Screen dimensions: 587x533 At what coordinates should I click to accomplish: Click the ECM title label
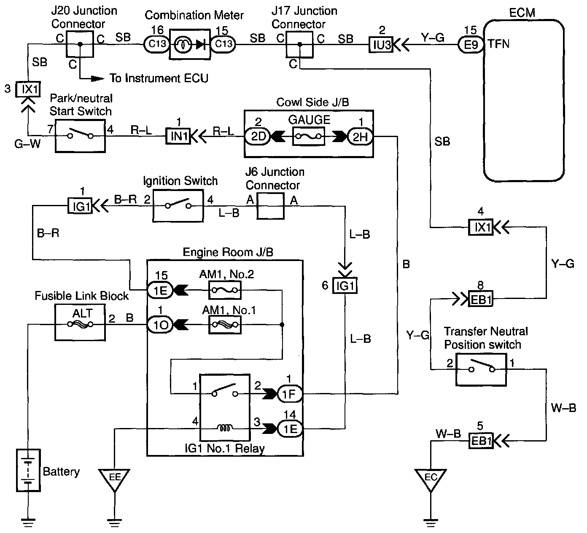pos(522,13)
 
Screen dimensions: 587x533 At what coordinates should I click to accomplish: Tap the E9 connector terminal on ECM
pos(471,45)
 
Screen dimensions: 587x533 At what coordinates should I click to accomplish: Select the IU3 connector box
pos(381,45)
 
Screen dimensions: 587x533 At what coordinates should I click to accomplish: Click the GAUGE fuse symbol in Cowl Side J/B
pos(308,136)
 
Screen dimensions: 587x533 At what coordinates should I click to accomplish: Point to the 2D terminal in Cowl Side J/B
pos(258,136)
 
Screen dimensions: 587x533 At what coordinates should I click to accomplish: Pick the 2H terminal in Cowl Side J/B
pos(360,136)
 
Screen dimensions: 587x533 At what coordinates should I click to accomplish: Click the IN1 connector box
pos(178,136)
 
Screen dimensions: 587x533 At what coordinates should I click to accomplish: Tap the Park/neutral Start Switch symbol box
pos(80,136)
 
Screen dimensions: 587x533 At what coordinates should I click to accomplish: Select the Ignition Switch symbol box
pos(178,206)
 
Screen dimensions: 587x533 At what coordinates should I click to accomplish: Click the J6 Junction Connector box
pos(270,206)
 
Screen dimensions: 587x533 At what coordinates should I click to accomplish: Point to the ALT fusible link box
pos(80,323)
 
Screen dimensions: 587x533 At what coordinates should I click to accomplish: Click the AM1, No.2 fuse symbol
pos(225,290)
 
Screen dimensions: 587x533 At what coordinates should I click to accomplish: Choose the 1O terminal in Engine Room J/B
pos(160,325)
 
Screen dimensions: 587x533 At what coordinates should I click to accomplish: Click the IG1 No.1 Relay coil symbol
pos(225,428)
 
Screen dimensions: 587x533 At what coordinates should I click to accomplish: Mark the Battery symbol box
pos(28,470)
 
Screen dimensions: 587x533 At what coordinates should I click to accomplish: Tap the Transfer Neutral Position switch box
pos(481,369)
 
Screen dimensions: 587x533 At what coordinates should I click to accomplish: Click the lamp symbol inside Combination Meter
pos(183,45)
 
